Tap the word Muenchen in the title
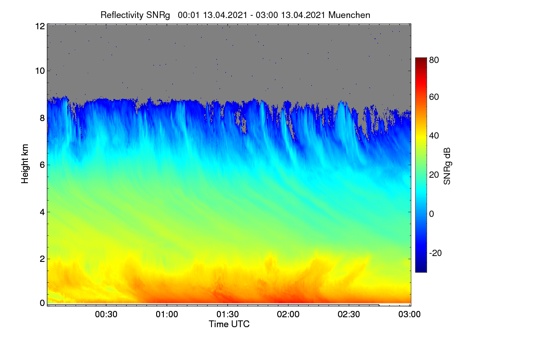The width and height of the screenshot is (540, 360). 349,15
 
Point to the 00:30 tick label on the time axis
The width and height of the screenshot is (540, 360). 106,314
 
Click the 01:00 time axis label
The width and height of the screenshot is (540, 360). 167,314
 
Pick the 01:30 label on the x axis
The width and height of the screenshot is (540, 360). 228,314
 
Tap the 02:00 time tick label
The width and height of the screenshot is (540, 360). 288,314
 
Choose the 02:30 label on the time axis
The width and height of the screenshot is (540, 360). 349,314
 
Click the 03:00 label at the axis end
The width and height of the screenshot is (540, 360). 409,314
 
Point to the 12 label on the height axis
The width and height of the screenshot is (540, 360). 40,26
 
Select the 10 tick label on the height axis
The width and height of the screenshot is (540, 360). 40,71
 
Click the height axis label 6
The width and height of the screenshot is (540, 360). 42,165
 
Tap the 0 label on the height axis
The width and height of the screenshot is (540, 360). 42,303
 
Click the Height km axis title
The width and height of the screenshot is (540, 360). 25,164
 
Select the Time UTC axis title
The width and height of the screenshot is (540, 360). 229,324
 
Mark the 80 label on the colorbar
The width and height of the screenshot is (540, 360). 434,60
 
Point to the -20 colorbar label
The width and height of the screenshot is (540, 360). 436,253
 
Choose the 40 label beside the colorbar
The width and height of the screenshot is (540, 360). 434,136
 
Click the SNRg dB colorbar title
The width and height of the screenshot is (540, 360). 447,166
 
